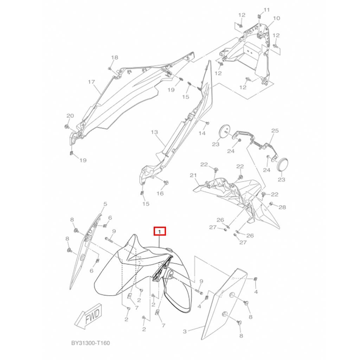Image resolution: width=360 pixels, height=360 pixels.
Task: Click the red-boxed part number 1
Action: [160, 231]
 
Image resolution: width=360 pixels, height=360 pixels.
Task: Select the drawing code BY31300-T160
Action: [90, 343]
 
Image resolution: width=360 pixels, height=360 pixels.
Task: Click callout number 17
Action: [91, 82]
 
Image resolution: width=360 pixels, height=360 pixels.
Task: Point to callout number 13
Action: [155, 132]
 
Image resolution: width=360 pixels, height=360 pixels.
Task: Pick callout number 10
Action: [276, 18]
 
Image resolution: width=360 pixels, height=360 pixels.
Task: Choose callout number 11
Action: [266, 10]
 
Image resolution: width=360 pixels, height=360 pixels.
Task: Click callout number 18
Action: [115, 57]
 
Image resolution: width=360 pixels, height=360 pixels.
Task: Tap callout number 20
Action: [70, 116]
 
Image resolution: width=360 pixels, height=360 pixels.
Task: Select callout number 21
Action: [193, 175]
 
